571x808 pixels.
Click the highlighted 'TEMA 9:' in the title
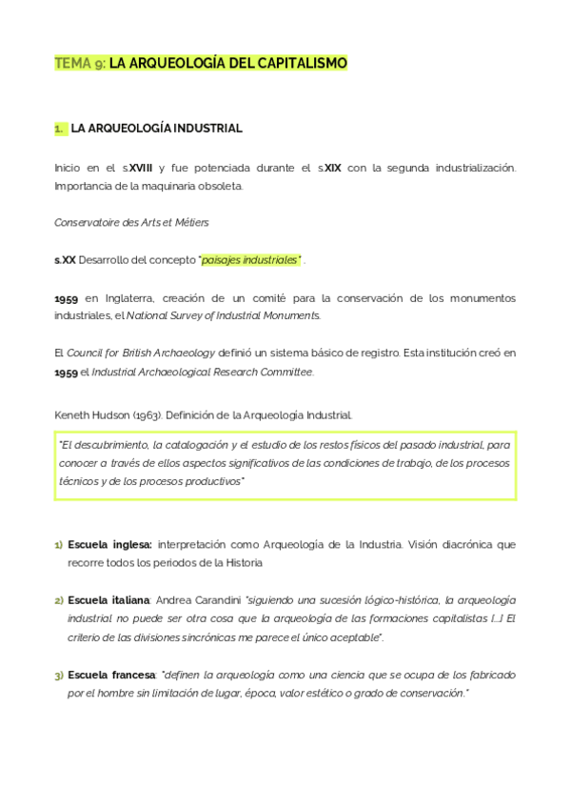(80, 64)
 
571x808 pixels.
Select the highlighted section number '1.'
(60, 127)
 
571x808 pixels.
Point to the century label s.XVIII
(136, 168)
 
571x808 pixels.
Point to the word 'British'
(141, 353)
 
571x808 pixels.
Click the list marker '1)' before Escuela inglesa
(59, 545)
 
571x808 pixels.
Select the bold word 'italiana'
(129, 599)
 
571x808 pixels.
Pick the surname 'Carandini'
(214, 599)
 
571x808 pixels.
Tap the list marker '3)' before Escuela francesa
(59, 675)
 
